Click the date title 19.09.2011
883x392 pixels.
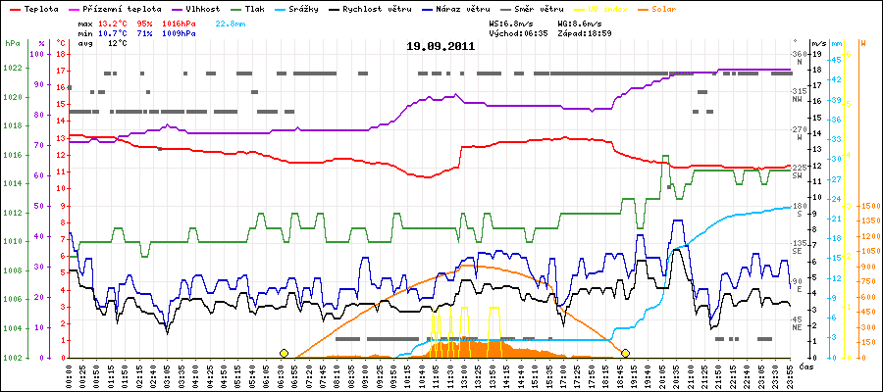click(441, 45)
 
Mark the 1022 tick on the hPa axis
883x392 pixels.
click(12, 68)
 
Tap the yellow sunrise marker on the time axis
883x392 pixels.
click(284, 352)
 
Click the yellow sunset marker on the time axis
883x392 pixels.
click(625, 352)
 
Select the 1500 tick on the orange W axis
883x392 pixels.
click(868, 206)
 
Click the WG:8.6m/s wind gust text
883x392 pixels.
click(577, 22)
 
